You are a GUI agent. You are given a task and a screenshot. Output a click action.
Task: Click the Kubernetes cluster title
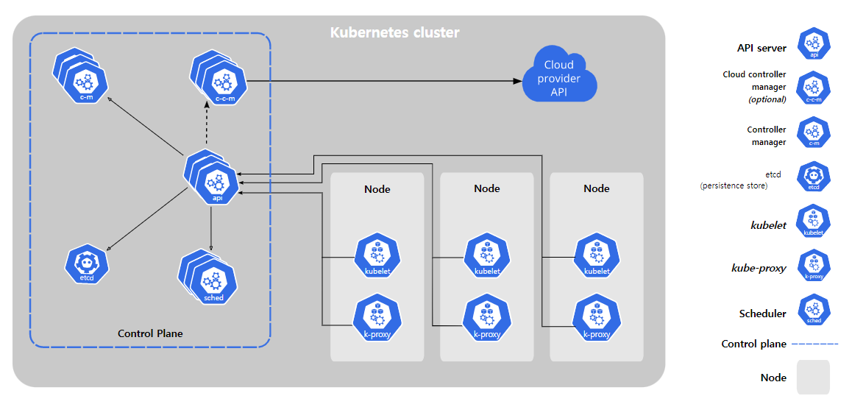395,32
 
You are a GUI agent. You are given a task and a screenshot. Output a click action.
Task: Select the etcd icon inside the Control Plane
87,265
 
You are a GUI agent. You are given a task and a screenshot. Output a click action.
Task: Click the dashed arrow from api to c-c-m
206,125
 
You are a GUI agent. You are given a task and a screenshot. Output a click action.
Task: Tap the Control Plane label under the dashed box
151,333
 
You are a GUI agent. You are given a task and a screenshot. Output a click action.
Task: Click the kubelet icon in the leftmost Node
377,257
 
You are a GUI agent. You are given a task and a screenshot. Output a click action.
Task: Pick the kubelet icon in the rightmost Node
597,257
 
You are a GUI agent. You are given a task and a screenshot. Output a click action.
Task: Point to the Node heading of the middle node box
487,189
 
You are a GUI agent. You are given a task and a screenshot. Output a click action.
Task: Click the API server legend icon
814,45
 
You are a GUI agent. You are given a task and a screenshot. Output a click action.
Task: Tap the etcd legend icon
814,177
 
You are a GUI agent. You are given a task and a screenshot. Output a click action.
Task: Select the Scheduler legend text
762,314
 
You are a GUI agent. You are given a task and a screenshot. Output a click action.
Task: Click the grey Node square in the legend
814,377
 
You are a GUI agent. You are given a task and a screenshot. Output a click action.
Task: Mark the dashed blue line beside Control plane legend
814,344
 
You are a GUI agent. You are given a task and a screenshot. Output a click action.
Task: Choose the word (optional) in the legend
767,99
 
